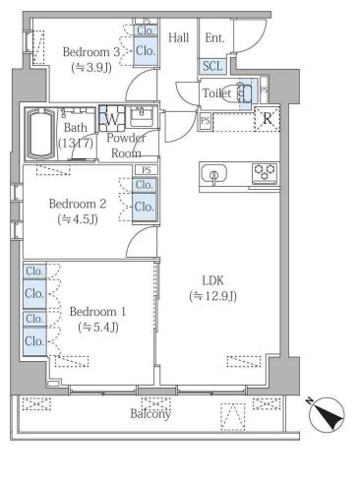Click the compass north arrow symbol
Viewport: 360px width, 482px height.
327,413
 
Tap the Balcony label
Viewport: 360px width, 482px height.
150,414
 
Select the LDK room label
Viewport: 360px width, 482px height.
212,280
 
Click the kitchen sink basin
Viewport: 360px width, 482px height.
214,173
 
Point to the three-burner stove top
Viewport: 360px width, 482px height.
265,173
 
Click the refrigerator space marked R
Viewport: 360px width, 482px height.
268,119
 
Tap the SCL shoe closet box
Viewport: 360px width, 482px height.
212,66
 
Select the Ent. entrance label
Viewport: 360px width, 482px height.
214,38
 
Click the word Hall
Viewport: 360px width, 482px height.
179,37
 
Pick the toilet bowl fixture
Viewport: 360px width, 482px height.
243,93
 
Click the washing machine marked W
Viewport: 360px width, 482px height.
112,118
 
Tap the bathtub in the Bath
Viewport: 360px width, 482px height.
40,135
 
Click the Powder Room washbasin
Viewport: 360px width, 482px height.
142,116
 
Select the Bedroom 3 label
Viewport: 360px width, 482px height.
90,52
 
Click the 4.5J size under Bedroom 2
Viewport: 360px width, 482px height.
78,219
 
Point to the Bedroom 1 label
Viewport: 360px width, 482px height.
97,312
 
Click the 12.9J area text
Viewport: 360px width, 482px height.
212,296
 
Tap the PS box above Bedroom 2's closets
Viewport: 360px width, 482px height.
147,170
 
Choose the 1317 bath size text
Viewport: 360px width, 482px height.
76,144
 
